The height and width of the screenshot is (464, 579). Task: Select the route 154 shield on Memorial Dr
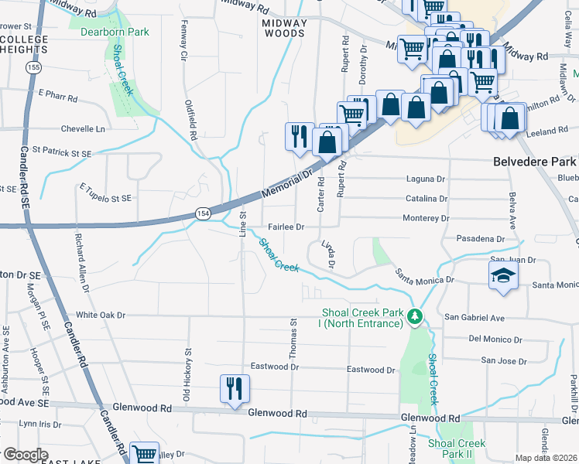point(203,213)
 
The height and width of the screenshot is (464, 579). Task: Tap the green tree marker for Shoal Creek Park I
point(415,316)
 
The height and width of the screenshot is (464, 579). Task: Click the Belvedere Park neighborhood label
point(535,162)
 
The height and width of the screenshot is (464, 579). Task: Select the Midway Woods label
point(283,28)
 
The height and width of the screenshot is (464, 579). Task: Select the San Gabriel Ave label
point(474,318)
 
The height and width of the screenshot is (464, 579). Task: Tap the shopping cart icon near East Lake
point(144,453)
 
